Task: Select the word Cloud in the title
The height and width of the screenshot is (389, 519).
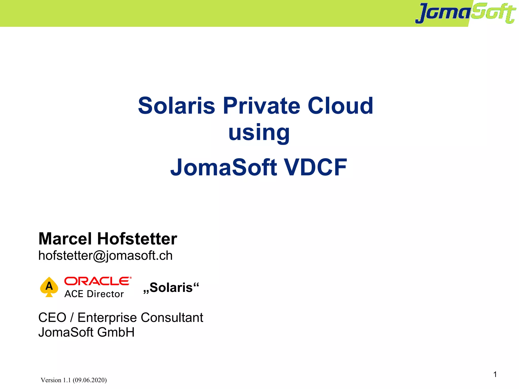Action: coord(340,106)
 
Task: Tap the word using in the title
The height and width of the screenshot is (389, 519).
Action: coord(259,133)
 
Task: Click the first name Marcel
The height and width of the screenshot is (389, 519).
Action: coord(65,239)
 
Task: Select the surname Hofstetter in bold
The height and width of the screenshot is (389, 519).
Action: coord(137,239)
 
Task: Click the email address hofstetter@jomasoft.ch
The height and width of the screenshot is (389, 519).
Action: coord(105,255)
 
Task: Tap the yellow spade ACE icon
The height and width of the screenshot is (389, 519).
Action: coord(49,287)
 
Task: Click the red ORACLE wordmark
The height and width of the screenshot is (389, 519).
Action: coord(98,281)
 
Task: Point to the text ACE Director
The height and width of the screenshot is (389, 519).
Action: coord(94,294)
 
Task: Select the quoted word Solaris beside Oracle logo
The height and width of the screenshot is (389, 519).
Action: coord(171,288)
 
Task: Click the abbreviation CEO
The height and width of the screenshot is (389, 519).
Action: coord(52,318)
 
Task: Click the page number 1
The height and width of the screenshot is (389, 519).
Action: coord(495,374)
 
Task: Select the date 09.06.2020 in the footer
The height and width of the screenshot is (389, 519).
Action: coord(90,380)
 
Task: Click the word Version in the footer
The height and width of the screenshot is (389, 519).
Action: coord(51,380)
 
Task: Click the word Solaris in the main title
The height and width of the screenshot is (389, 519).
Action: coord(176,106)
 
